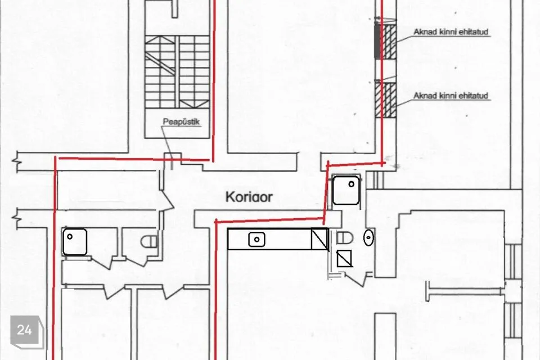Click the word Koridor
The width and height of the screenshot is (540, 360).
coord(249,197)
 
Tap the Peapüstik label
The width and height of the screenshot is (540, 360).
coord(181,122)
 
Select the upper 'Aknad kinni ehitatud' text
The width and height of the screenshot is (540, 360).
coord(451,32)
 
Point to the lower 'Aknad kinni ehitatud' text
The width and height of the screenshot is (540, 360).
coord(451,96)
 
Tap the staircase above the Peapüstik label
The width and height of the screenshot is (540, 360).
coord(177,72)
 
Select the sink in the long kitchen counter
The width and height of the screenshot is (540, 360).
coord(256,240)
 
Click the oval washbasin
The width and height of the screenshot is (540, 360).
coord(368,237)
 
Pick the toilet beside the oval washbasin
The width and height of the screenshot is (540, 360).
coord(345,237)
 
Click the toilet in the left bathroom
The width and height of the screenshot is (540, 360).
coord(149,241)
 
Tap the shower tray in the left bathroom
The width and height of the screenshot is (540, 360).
coord(74,242)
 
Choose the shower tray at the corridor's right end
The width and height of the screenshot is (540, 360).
coord(346,190)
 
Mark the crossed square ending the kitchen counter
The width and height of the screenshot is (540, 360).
coord(319,239)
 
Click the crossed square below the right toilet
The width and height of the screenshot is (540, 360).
coord(344,258)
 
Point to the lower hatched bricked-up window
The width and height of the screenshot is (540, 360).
coord(386,100)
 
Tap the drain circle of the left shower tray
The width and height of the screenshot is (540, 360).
coord(70,237)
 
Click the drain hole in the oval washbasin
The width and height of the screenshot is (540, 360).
coord(368,237)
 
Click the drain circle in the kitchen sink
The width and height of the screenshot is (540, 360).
coord(256,240)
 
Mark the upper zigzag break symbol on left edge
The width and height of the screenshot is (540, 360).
coord(16,161)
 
